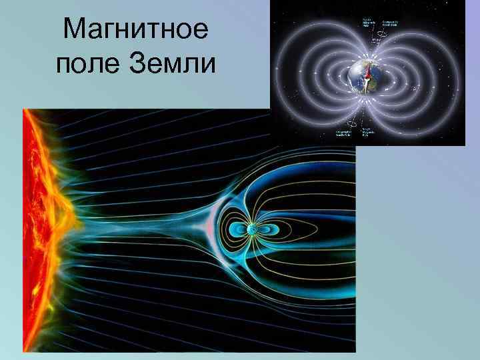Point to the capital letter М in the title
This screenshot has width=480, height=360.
(x=73, y=30)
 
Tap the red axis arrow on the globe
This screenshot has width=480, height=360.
(x=367, y=73)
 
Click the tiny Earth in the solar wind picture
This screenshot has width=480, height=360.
(x=253, y=231)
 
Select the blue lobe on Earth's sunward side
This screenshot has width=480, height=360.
(x=236, y=231)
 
